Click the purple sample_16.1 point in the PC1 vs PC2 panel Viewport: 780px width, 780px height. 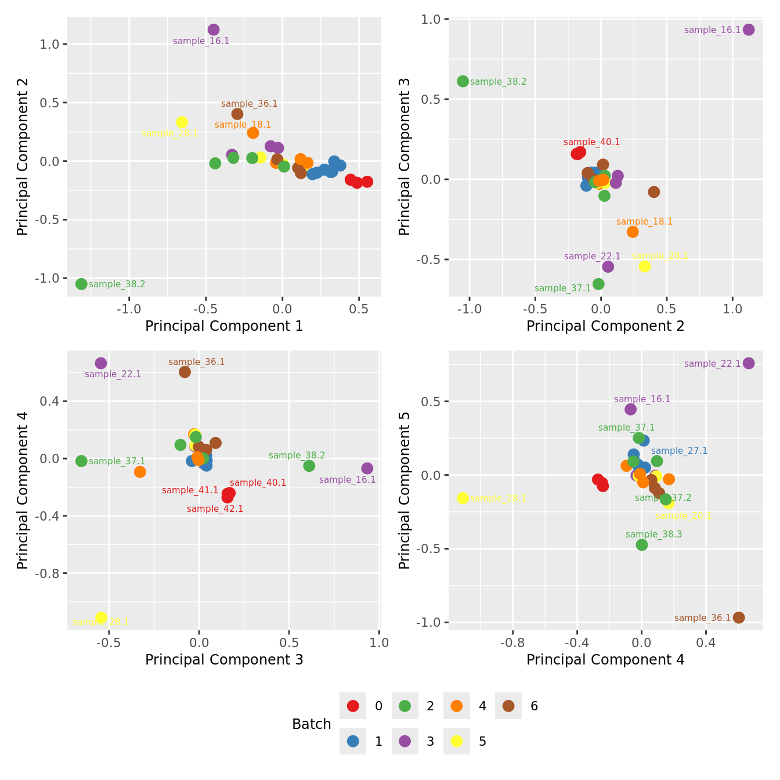(x=214, y=30)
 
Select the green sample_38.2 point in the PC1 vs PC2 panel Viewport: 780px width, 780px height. (x=81, y=284)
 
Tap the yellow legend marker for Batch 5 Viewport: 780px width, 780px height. (x=457, y=741)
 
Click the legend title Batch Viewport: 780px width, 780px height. (x=312, y=724)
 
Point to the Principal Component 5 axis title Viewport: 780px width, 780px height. (x=405, y=490)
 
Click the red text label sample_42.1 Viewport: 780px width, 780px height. (x=215, y=509)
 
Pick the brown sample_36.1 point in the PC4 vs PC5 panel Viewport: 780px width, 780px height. (x=739, y=617)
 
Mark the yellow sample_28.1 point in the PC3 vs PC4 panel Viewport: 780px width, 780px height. (x=101, y=617)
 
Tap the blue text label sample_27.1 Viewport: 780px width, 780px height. (x=679, y=451)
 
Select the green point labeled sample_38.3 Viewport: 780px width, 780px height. (x=642, y=545)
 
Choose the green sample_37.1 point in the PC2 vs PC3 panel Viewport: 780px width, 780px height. (x=598, y=284)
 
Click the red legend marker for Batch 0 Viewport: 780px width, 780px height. (x=353, y=706)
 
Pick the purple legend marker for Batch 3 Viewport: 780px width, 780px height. (x=405, y=741)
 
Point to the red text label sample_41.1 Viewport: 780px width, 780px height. (x=190, y=490)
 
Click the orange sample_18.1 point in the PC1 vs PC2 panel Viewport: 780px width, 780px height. (x=253, y=133)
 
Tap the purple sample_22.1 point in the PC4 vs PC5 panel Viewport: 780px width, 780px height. (x=749, y=363)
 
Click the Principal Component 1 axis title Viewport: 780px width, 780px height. (x=224, y=326)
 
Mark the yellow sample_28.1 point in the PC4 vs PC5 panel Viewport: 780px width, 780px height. (x=463, y=498)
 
